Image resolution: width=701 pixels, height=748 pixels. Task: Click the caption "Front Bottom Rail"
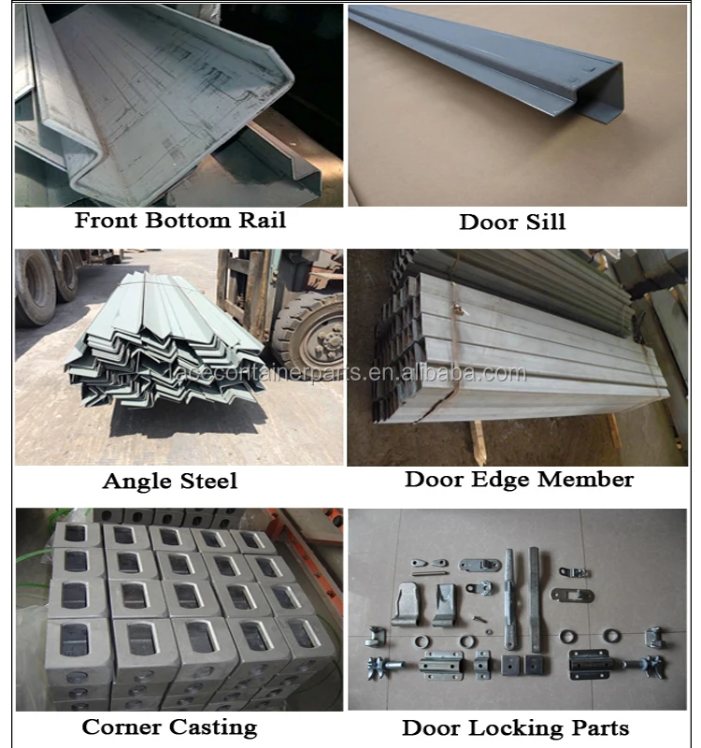180,221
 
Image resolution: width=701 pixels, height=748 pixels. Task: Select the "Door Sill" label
512,223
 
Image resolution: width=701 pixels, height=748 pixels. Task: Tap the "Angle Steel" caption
169,482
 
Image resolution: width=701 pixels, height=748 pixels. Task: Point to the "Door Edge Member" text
519,480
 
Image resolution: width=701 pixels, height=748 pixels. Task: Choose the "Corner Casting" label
169,726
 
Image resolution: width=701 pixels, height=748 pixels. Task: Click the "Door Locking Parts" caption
515,727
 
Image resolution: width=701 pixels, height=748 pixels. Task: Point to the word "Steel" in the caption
207,482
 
